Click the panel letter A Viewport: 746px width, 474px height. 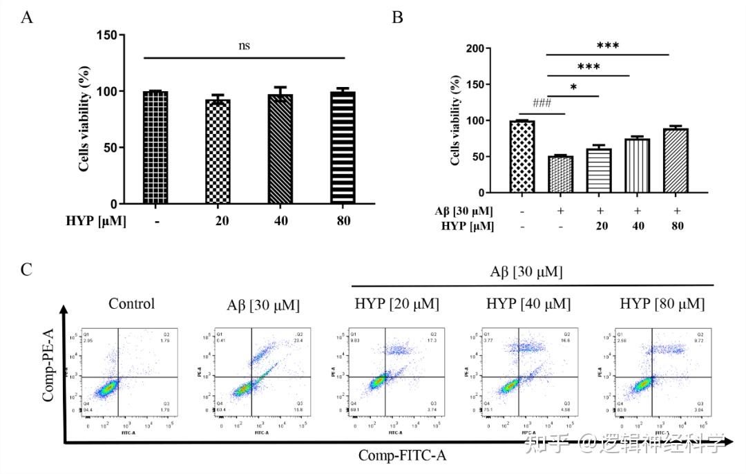click(27, 17)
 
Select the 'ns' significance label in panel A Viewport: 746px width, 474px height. click(244, 46)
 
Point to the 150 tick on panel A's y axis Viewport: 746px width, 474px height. click(106, 34)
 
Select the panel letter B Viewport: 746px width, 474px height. click(397, 17)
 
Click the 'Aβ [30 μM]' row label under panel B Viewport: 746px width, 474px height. click(464, 211)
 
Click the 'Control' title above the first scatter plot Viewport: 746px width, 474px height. click(131, 304)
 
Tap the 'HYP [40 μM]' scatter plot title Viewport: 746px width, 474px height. click(529, 304)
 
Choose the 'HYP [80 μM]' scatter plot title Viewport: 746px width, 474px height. click(662, 304)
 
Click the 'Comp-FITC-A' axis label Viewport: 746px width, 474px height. click(402, 455)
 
